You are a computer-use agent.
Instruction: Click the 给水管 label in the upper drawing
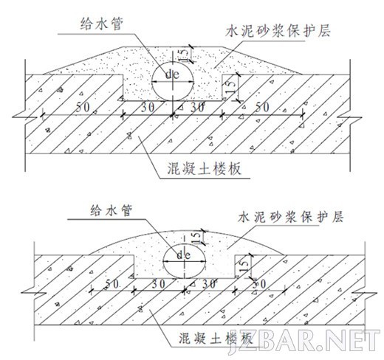point(102,24)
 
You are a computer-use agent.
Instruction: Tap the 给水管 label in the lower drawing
point(112,210)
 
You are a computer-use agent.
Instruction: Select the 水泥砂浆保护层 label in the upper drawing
point(278,31)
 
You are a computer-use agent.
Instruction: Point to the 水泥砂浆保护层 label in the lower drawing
point(291,217)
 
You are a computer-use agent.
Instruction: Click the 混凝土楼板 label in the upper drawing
point(205,169)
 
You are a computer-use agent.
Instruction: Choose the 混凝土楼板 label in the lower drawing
point(216,339)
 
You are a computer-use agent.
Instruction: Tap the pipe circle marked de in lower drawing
point(185,261)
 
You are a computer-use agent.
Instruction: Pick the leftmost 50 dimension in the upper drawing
point(83,107)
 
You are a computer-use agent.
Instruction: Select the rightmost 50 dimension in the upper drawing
point(262,107)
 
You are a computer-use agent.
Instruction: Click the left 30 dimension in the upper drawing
point(148,107)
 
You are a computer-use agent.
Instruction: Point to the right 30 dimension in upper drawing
point(197,107)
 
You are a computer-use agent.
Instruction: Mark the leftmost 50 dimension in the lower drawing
point(112,283)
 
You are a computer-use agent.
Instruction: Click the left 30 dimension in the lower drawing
point(159,284)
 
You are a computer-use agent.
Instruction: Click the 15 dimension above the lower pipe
point(197,238)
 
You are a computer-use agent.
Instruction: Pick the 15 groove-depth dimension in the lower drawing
point(244,267)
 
